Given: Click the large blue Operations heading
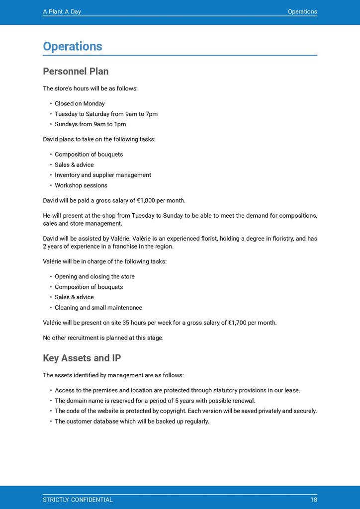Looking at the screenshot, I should pos(73,46).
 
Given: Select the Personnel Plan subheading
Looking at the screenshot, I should pos(76,71).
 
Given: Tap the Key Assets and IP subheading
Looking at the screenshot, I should pos(82,358).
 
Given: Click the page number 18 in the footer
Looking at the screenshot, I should pos(313,500).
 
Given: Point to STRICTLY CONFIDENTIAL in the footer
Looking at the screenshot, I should pos(78,500).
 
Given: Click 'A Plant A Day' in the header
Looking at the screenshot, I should pos(62,11).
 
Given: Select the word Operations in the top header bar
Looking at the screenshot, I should pos(302,11).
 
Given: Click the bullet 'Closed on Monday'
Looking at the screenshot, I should pos(80,103).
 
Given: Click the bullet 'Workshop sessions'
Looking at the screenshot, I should pos(81,185).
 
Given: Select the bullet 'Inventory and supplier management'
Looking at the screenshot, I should pos(102,175).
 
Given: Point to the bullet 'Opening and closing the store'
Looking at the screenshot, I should pos(94,276).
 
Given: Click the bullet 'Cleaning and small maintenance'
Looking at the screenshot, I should pos(98,308).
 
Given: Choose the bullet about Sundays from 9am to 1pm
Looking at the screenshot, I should pos(90,124).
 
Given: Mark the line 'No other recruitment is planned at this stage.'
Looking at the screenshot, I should pos(103,338).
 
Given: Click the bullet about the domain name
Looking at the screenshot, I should pos(155,401).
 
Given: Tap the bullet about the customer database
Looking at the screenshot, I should pos(132,422).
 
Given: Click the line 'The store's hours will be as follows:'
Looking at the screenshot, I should pos(90,88).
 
